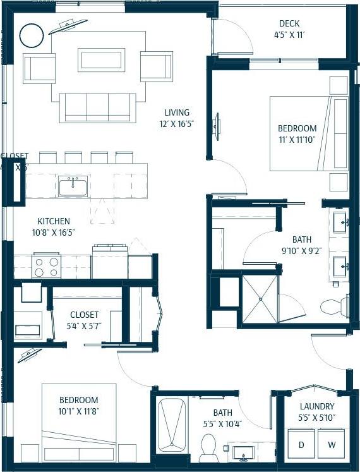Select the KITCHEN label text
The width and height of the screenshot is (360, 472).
54,221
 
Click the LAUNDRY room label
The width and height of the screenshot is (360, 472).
317,406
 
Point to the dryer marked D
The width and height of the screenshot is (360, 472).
301,445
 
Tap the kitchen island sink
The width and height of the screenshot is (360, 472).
73,186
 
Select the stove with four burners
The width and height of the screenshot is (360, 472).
45,265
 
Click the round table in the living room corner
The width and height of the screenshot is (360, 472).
31,36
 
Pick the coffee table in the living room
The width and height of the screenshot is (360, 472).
101,60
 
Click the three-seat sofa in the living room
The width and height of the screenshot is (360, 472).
97,107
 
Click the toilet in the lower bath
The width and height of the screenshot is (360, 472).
208,449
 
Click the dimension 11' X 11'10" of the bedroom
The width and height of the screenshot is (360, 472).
297,139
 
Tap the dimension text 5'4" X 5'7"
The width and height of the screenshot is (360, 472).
84,325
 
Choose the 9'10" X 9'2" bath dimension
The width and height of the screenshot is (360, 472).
301,250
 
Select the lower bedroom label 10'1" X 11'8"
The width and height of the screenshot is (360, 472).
79,411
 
